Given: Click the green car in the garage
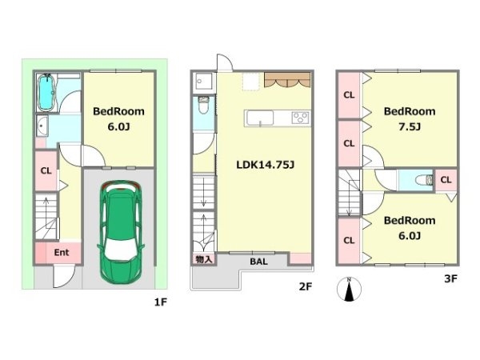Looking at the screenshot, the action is coord(121,232).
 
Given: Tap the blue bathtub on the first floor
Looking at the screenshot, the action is coord(46,93).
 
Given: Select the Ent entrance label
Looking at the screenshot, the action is coord(62,253).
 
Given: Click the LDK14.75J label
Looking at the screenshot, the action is coord(265,165).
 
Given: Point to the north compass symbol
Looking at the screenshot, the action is coord(349,289).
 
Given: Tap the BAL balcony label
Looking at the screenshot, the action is coord(258,262).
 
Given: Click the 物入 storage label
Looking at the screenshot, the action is coord(204,259).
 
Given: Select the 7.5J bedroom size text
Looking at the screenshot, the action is coord(410,126).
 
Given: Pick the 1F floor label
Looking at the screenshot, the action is coord(160,302).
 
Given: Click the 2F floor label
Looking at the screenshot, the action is coord(306,287).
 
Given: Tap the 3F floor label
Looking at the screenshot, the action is coord(450,279).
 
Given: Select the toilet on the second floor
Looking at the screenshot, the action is coord(203,105).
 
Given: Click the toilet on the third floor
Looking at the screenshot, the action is coord(424,180).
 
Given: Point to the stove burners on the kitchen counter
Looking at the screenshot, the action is coord(300,118).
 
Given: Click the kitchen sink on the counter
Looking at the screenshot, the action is coord(259,118).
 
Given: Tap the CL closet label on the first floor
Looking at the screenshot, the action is coord(46,171).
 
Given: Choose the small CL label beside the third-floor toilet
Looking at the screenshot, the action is coord(446,180).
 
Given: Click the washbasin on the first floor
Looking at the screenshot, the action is coord(42,126).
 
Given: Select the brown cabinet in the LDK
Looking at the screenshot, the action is coord(287,80).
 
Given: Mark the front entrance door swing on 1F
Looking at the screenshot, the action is coord(64,277).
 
